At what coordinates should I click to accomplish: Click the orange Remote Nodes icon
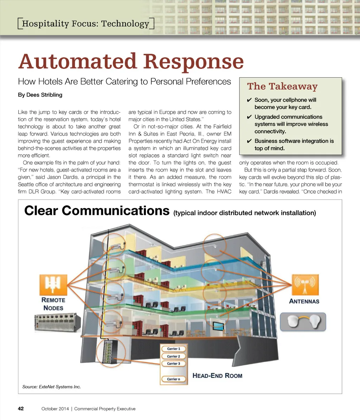53,284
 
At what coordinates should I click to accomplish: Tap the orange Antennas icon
305,284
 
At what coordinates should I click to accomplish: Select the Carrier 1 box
173,349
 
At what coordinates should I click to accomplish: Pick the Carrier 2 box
173,356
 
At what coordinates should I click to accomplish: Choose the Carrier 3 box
173,364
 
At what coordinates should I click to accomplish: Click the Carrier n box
173,379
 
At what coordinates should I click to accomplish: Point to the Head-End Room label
217,376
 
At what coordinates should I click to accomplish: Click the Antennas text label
304,301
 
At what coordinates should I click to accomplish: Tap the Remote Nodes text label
53,304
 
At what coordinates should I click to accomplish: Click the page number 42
21,408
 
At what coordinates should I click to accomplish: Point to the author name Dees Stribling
40,95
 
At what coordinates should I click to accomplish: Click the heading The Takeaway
282,86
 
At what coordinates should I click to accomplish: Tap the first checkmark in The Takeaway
249,100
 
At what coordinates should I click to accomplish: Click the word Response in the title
193,62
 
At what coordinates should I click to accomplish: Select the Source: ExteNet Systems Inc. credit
51,387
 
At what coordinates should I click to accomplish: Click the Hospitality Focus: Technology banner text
85,24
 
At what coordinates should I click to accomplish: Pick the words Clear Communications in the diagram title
97,211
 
